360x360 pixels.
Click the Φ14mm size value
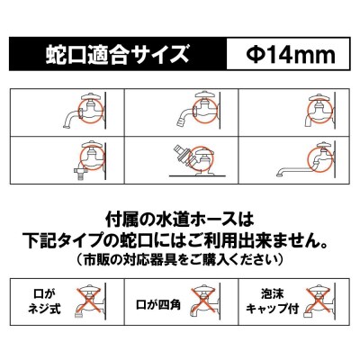click(x=291, y=55)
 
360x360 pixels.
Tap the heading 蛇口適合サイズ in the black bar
click(x=117, y=54)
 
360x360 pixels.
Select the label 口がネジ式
click(x=44, y=301)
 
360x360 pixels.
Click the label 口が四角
click(x=158, y=305)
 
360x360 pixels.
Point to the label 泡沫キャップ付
click(x=273, y=301)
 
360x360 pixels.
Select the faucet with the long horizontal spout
click(x=306, y=159)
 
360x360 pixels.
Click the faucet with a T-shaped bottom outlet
click(x=89, y=161)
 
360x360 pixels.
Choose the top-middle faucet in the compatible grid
click(x=199, y=112)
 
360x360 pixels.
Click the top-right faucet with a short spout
click(x=319, y=112)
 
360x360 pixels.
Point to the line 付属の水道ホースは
click(x=180, y=220)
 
